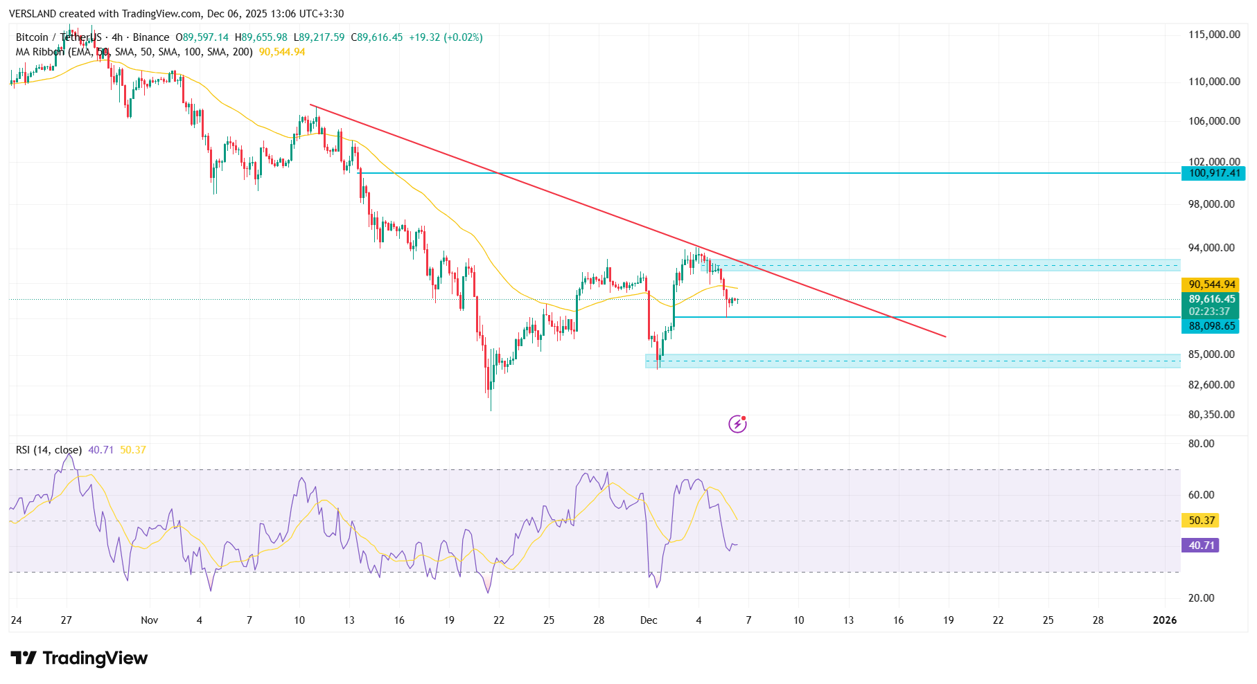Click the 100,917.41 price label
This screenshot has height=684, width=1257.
[x=1214, y=173]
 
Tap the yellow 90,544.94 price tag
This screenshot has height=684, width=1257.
[x=1212, y=285]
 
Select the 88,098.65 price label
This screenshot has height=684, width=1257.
[x=1212, y=326]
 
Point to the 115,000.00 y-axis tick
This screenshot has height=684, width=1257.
[x=1214, y=35]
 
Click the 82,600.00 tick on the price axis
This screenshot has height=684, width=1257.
[x=1211, y=385]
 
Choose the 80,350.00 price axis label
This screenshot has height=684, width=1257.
[x=1211, y=415]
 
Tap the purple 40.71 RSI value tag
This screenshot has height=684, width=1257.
[x=1202, y=546]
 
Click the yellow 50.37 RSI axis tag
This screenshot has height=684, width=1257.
[x=1202, y=521]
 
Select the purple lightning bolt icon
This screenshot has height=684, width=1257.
[x=737, y=424]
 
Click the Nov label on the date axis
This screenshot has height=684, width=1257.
[x=149, y=620]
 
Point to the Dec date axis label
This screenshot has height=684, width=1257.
[x=649, y=620]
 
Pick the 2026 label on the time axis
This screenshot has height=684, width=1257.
[x=1164, y=620]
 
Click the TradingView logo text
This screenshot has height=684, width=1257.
[x=95, y=658]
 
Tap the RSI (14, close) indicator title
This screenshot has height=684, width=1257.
[x=49, y=450]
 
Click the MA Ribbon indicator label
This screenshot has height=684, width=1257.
[x=40, y=52]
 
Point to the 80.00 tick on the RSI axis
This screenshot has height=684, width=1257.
[x=1201, y=444]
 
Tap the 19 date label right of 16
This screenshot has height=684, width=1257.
[x=948, y=620]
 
